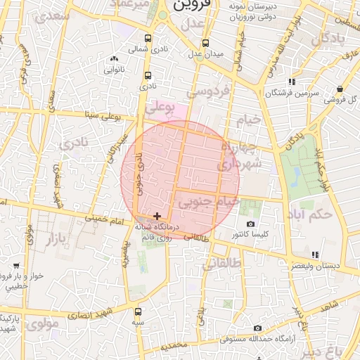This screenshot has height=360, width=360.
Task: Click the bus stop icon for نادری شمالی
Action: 147,39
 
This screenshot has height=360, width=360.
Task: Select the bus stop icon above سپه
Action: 137,311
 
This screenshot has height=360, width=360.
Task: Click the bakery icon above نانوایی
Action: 114,59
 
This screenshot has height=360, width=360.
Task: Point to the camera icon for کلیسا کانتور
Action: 251,224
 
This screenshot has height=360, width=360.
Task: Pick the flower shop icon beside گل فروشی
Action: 340,89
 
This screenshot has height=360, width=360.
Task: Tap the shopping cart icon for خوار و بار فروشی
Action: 15,266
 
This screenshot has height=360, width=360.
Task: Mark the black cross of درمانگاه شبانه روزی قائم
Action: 157,215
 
